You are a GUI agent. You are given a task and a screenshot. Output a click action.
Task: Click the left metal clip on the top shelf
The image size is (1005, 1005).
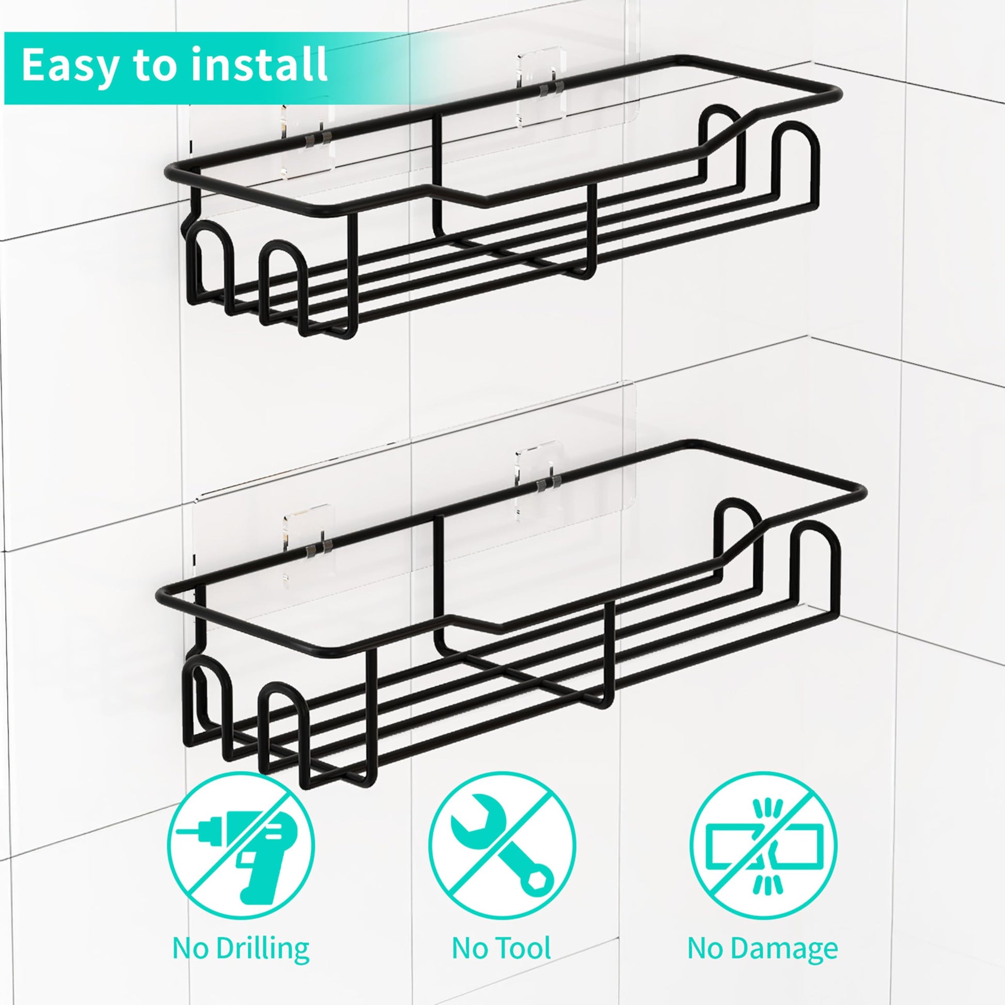click(x=318, y=138)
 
